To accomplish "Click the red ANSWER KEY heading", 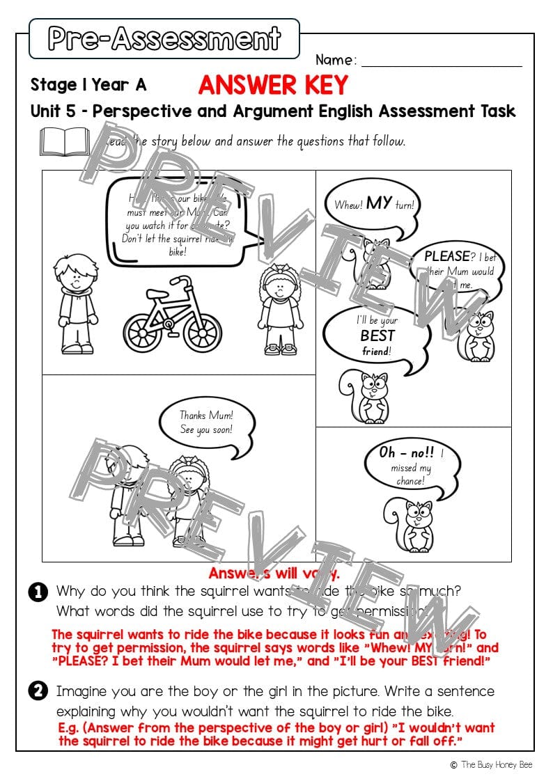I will tap(273, 85).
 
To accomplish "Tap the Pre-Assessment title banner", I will tap(164, 38).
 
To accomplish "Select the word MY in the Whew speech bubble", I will tap(379, 203).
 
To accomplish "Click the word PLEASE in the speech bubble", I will tap(446, 256).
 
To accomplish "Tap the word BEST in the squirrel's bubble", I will tap(377, 336).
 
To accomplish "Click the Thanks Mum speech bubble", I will tap(205, 423).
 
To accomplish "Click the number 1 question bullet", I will tap(38, 592).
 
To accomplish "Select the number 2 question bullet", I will tap(38, 692).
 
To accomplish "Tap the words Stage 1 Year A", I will tap(88, 85).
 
